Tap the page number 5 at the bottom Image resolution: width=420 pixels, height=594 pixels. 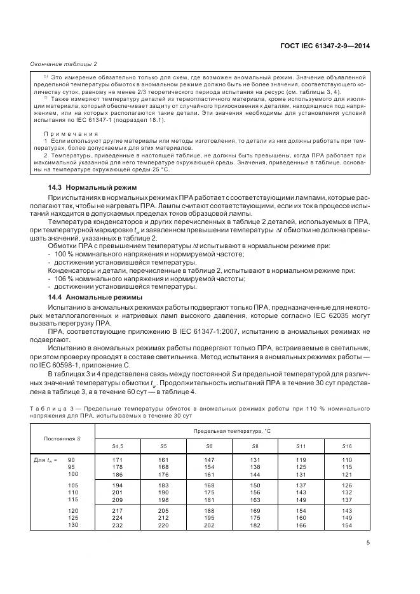pos(368,541)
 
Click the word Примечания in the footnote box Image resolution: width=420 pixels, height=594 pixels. pos(71,134)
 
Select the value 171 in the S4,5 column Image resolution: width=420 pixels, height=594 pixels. pos(117,459)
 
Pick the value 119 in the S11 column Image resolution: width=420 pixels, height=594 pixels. pos(301,459)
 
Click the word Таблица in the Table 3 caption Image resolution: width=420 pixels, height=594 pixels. pos(46,407)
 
